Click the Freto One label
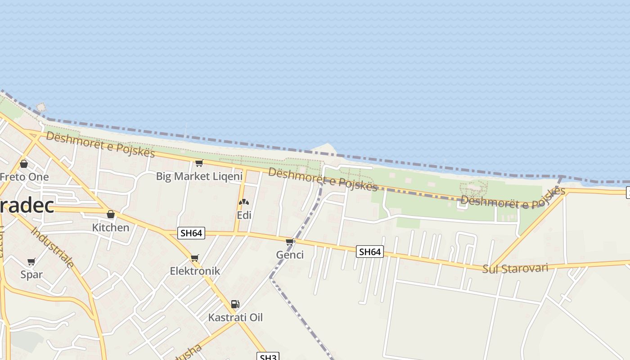point(24,177)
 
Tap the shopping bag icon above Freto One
point(24,164)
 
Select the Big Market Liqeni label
point(199,176)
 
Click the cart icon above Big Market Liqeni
point(199,163)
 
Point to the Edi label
point(244,215)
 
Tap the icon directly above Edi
point(244,202)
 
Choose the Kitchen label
point(110,227)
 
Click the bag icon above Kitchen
point(111,214)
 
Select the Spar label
point(31,274)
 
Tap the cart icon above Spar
point(31,261)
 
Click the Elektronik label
point(195,271)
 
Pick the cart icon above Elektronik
point(195,258)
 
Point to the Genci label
point(290,255)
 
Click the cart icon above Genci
point(290,242)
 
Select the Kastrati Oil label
point(235,317)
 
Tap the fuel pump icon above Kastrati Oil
point(235,304)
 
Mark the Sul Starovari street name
point(515,269)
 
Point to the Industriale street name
point(53,247)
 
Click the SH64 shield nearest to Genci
point(370,252)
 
